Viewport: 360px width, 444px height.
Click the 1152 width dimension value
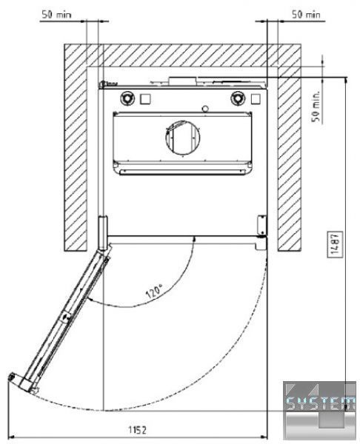[x=138, y=430]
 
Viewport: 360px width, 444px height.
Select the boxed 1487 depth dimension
[x=335, y=244]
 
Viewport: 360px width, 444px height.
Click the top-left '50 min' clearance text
[x=56, y=15]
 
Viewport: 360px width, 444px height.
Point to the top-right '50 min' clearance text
[x=306, y=15]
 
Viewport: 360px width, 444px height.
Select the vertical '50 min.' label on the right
[x=316, y=106]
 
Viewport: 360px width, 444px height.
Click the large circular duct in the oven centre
[x=183, y=138]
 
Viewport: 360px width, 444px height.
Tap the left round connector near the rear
[x=127, y=98]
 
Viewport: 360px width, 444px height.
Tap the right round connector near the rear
[x=238, y=98]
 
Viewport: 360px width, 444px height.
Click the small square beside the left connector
[x=145, y=99]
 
